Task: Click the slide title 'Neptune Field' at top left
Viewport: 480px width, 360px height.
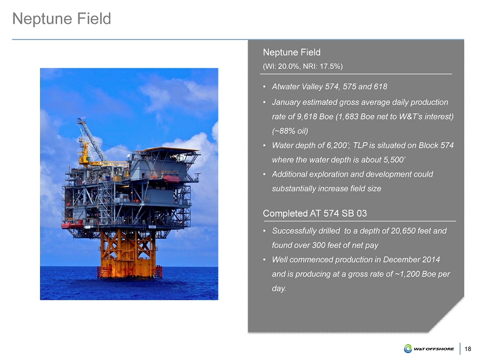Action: point(62,19)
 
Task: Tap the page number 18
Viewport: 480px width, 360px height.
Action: point(468,349)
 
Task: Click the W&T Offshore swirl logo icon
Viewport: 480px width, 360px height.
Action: point(408,349)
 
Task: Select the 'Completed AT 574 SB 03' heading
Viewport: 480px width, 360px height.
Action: point(315,213)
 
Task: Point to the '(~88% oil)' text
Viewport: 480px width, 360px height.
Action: point(290,131)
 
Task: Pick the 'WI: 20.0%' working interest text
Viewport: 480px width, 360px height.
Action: point(282,67)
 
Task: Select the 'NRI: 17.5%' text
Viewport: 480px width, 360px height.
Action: point(321,67)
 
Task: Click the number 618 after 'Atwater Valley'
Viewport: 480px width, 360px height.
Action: point(380,86)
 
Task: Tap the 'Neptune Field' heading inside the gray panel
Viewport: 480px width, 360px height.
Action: point(292,52)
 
